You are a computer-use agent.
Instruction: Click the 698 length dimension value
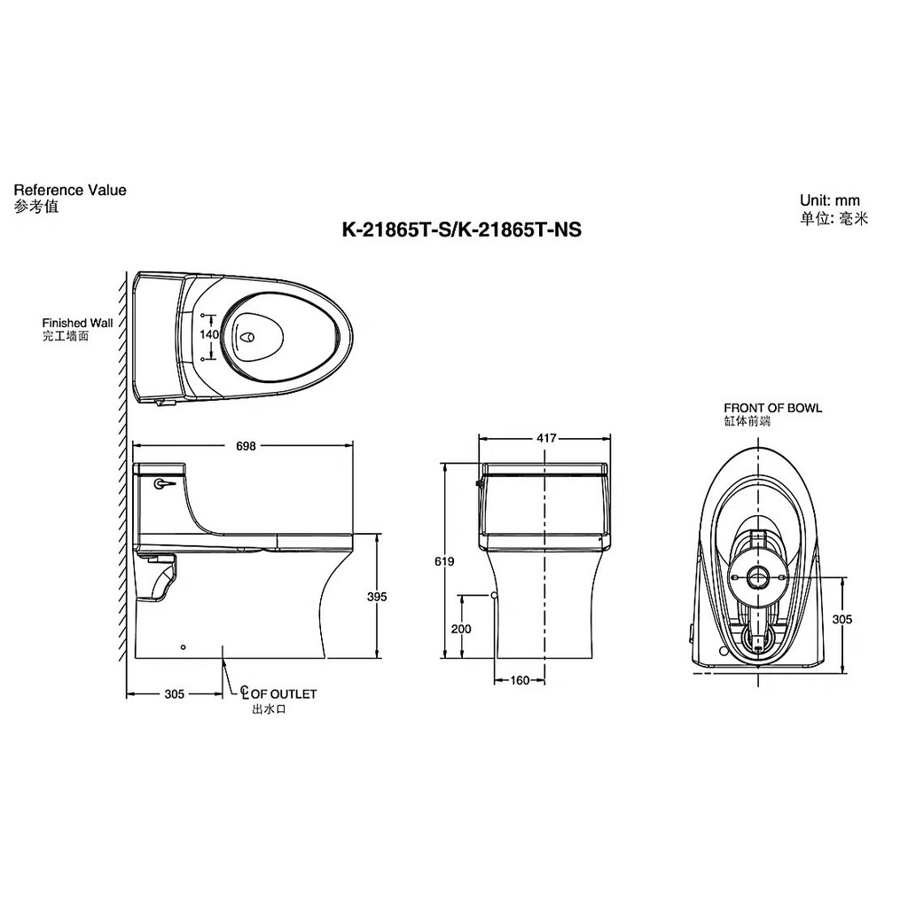(x=246, y=446)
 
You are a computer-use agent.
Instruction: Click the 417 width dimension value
(x=546, y=438)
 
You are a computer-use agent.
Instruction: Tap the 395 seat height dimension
(x=377, y=597)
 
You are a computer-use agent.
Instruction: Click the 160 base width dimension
(x=520, y=681)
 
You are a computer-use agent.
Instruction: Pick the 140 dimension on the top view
(x=209, y=335)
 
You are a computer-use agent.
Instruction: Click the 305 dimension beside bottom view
(x=842, y=620)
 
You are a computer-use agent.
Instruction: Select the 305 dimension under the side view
(x=174, y=694)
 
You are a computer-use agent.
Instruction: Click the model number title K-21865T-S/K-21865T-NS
(x=461, y=231)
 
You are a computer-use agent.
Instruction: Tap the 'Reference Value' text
(x=70, y=190)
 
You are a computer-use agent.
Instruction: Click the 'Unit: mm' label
(x=829, y=200)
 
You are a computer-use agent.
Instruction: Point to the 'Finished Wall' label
(x=77, y=324)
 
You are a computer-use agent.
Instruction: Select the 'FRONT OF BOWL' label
(x=772, y=408)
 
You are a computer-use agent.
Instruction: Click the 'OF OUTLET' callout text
(x=283, y=694)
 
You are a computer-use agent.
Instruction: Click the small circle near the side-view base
(x=183, y=646)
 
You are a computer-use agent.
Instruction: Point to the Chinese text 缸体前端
(x=747, y=422)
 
